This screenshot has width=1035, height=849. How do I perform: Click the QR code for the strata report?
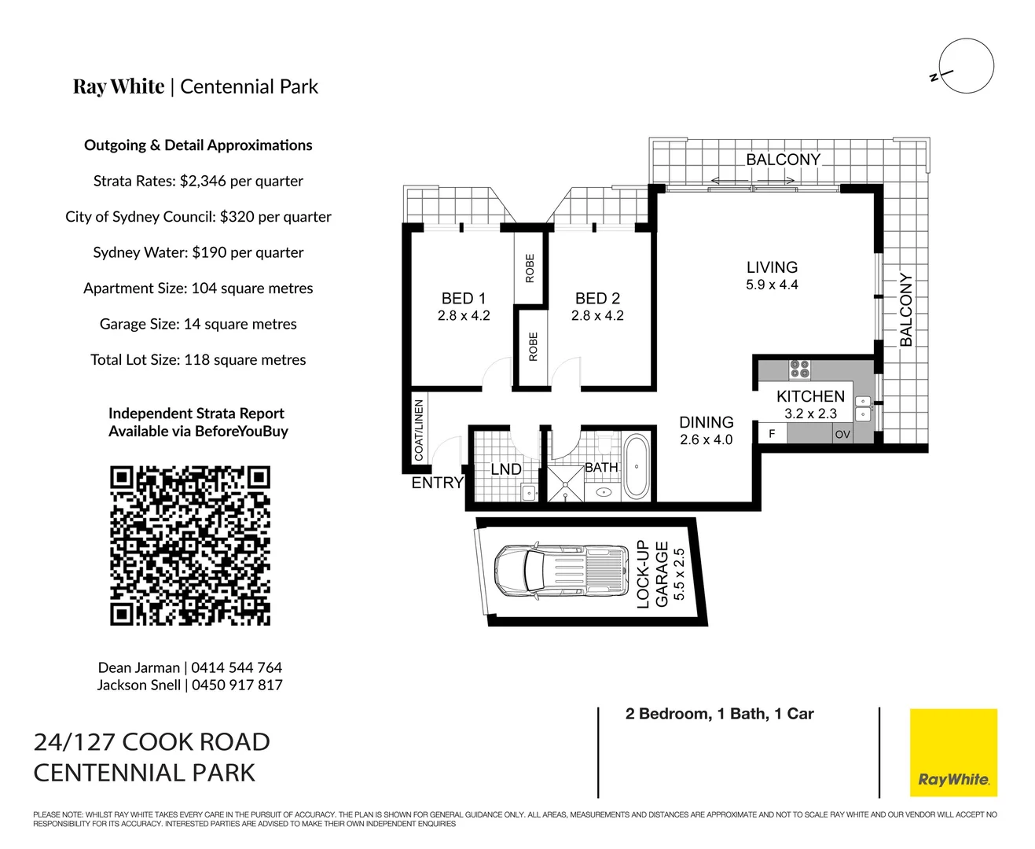coord(190,546)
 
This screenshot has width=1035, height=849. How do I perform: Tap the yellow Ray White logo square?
coord(953,753)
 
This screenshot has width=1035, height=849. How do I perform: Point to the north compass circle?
coord(966,67)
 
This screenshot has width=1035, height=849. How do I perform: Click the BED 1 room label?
coord(464,299)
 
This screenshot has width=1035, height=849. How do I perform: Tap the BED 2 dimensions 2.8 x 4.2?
coord(597,316)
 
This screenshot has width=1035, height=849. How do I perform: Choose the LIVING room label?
coord(772,267)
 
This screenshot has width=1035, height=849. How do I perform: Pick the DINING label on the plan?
coord(706,423)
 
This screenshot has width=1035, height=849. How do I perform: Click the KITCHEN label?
coord(810,397)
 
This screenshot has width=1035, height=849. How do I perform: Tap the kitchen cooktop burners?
coord(800,369)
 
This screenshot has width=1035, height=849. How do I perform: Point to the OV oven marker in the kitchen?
coord(842,434)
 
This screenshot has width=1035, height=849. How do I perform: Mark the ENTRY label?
coord(437,483)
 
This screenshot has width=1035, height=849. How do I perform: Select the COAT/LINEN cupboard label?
coord(419,430)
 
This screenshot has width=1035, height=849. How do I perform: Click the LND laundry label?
coord(506,469)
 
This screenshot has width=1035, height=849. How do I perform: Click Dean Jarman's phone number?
coord(237,667)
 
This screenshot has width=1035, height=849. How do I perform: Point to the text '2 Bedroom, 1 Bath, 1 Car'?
coord(719,714)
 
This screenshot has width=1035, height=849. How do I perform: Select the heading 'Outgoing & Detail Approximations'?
coord(198,145)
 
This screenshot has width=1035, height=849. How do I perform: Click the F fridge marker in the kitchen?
coord(772,434)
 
